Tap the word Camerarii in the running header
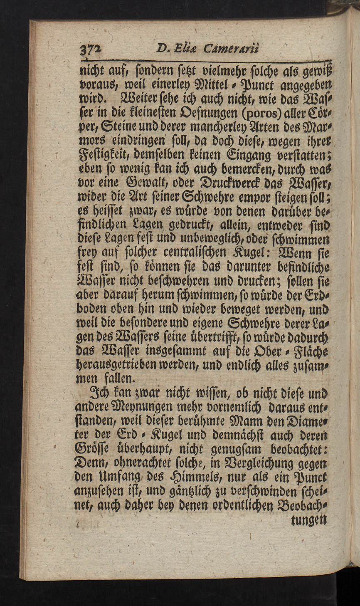tap(231, 49)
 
